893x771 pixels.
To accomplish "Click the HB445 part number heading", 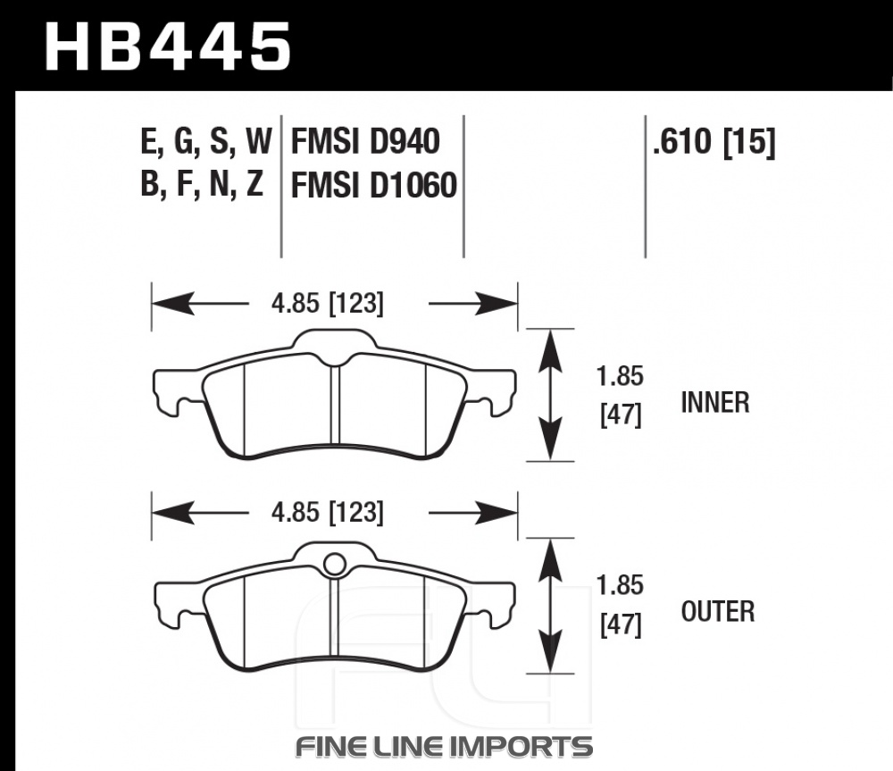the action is [x=168, y=46].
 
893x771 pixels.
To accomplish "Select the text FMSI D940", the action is [x=365, y=141].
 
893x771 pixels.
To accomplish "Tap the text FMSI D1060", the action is [x=373, y=185].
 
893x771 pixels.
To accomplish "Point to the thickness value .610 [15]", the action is [x=714, y=142].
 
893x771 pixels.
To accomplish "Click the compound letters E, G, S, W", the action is [x=206, y=142].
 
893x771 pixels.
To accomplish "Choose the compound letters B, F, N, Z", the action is [x=202, y=185].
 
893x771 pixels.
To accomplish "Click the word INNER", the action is [x=714, y=403].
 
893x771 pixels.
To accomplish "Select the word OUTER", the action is [x=718, y=611].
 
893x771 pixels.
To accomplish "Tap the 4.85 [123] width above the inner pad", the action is [x=328, y=303].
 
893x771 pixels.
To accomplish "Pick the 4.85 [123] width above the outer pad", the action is [x=328, y=512].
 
